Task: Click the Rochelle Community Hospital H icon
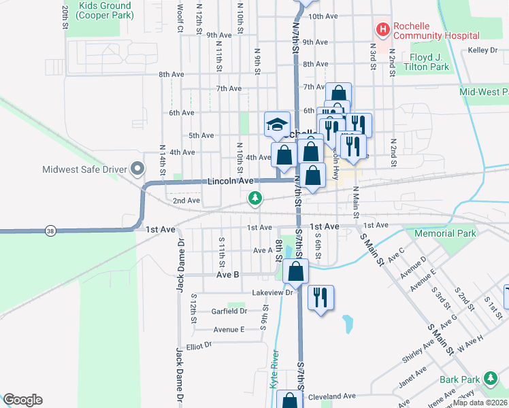pos(383,29)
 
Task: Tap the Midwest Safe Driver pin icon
pos(138,168)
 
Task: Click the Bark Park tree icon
pos(490,378)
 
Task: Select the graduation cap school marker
pos(277,124)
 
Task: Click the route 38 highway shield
pos(50,231)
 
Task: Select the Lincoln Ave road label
pos(230,181)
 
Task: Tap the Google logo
pos(22,400)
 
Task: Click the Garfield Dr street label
pos(229,311)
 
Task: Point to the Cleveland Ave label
pos(332,396)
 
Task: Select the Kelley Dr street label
pos(483,50)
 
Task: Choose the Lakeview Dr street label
pos(272,292)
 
